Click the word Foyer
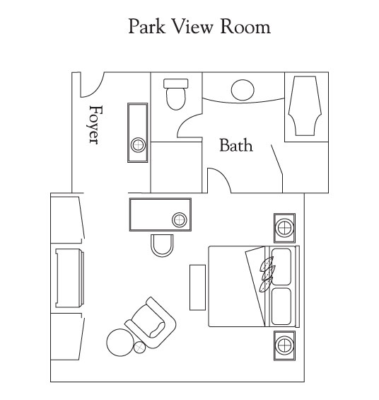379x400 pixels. tap(96, 125)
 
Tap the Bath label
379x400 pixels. tap(236, 145)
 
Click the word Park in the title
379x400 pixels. tap(146, 26)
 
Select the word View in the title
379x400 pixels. tap(192, 26)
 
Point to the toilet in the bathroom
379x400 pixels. tap(176, 94)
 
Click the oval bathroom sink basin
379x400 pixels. tap(243, 90)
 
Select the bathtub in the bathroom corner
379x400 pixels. tap(305, 106)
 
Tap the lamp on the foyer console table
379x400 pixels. tap(138, 145)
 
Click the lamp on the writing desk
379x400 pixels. tap(180, 219)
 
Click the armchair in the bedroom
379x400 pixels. tap(151, 322)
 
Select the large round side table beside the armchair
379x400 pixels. tap(120, 343)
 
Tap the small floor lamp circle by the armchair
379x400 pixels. tap(139, 347)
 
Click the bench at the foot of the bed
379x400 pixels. tap(198, 287)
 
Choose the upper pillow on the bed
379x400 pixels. tap(281, 267)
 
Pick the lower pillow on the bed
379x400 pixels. tap(281, 307)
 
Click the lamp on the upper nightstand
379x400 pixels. tap(284, 228)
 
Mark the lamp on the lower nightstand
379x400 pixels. tap(284, 345)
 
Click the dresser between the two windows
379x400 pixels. tap(69, 278)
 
